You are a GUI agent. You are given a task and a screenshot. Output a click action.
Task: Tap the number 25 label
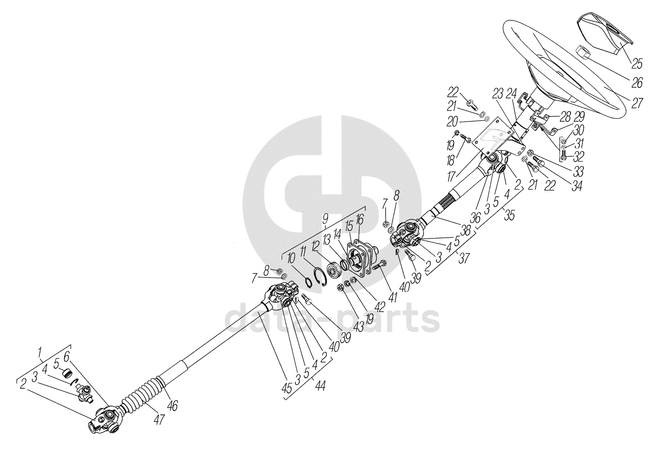636,63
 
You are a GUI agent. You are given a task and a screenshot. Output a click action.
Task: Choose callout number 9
325,219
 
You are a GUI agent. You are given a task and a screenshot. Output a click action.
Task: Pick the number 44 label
321,386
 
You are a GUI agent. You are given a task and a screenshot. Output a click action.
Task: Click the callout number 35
509,216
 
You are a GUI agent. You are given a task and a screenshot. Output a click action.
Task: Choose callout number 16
360,219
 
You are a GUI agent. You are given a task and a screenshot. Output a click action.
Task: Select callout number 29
579,116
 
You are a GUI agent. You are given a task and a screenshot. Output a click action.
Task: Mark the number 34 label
577,185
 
